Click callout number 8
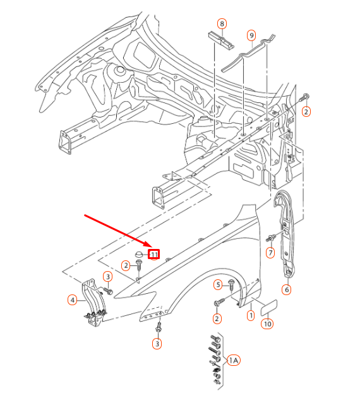point(222,24)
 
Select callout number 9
point(251,35)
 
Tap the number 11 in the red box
point(154,255)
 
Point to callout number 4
point(73,300)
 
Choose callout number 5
point(218,284)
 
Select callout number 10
point(267,324)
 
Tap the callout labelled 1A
point(234,360)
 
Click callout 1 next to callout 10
point(251,315)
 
